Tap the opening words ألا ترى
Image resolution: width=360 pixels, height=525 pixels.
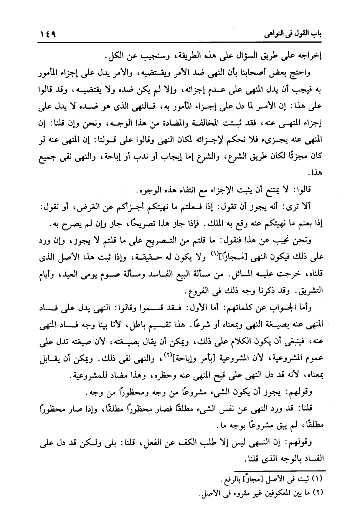312,208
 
